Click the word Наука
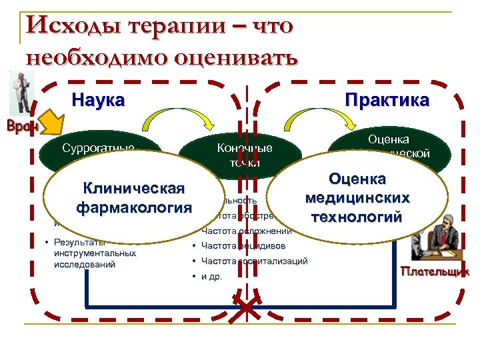click(98, 101)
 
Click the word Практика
click(387, 101)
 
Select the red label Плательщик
click(435, 271)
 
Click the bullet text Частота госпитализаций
click(254, 261)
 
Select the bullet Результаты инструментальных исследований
click(93, 253)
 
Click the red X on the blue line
click(247, 307)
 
